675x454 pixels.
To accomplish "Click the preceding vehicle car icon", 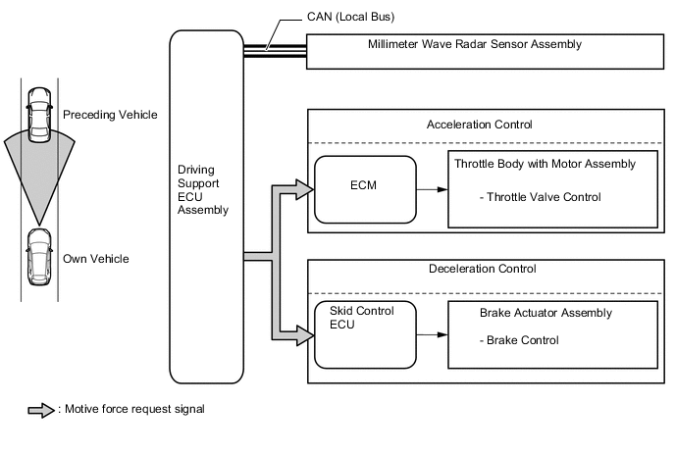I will click(38, 112).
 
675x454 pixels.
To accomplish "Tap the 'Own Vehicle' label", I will click(95, 259).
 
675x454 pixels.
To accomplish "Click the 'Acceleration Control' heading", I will click(480, 126).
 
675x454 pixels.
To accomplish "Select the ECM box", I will click(365, 187).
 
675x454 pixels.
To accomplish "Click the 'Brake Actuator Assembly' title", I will click(545, 313).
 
